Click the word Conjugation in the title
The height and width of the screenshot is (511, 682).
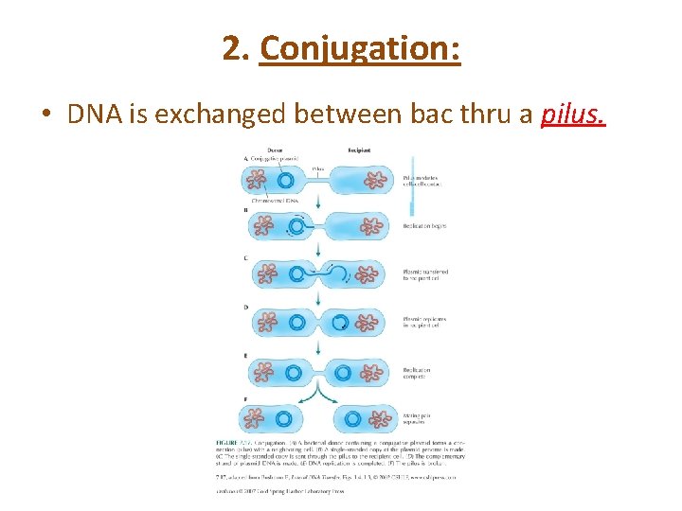[360, 47]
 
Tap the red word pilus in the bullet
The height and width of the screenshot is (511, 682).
[572, 115]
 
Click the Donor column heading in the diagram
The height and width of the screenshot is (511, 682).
[276, 150]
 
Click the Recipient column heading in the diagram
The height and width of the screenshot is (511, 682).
[359, 150]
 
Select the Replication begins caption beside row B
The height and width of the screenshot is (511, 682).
[423, 226]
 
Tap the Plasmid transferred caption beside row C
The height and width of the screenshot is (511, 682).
[424, 275]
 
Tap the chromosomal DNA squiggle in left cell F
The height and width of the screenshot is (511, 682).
[253, 418]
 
